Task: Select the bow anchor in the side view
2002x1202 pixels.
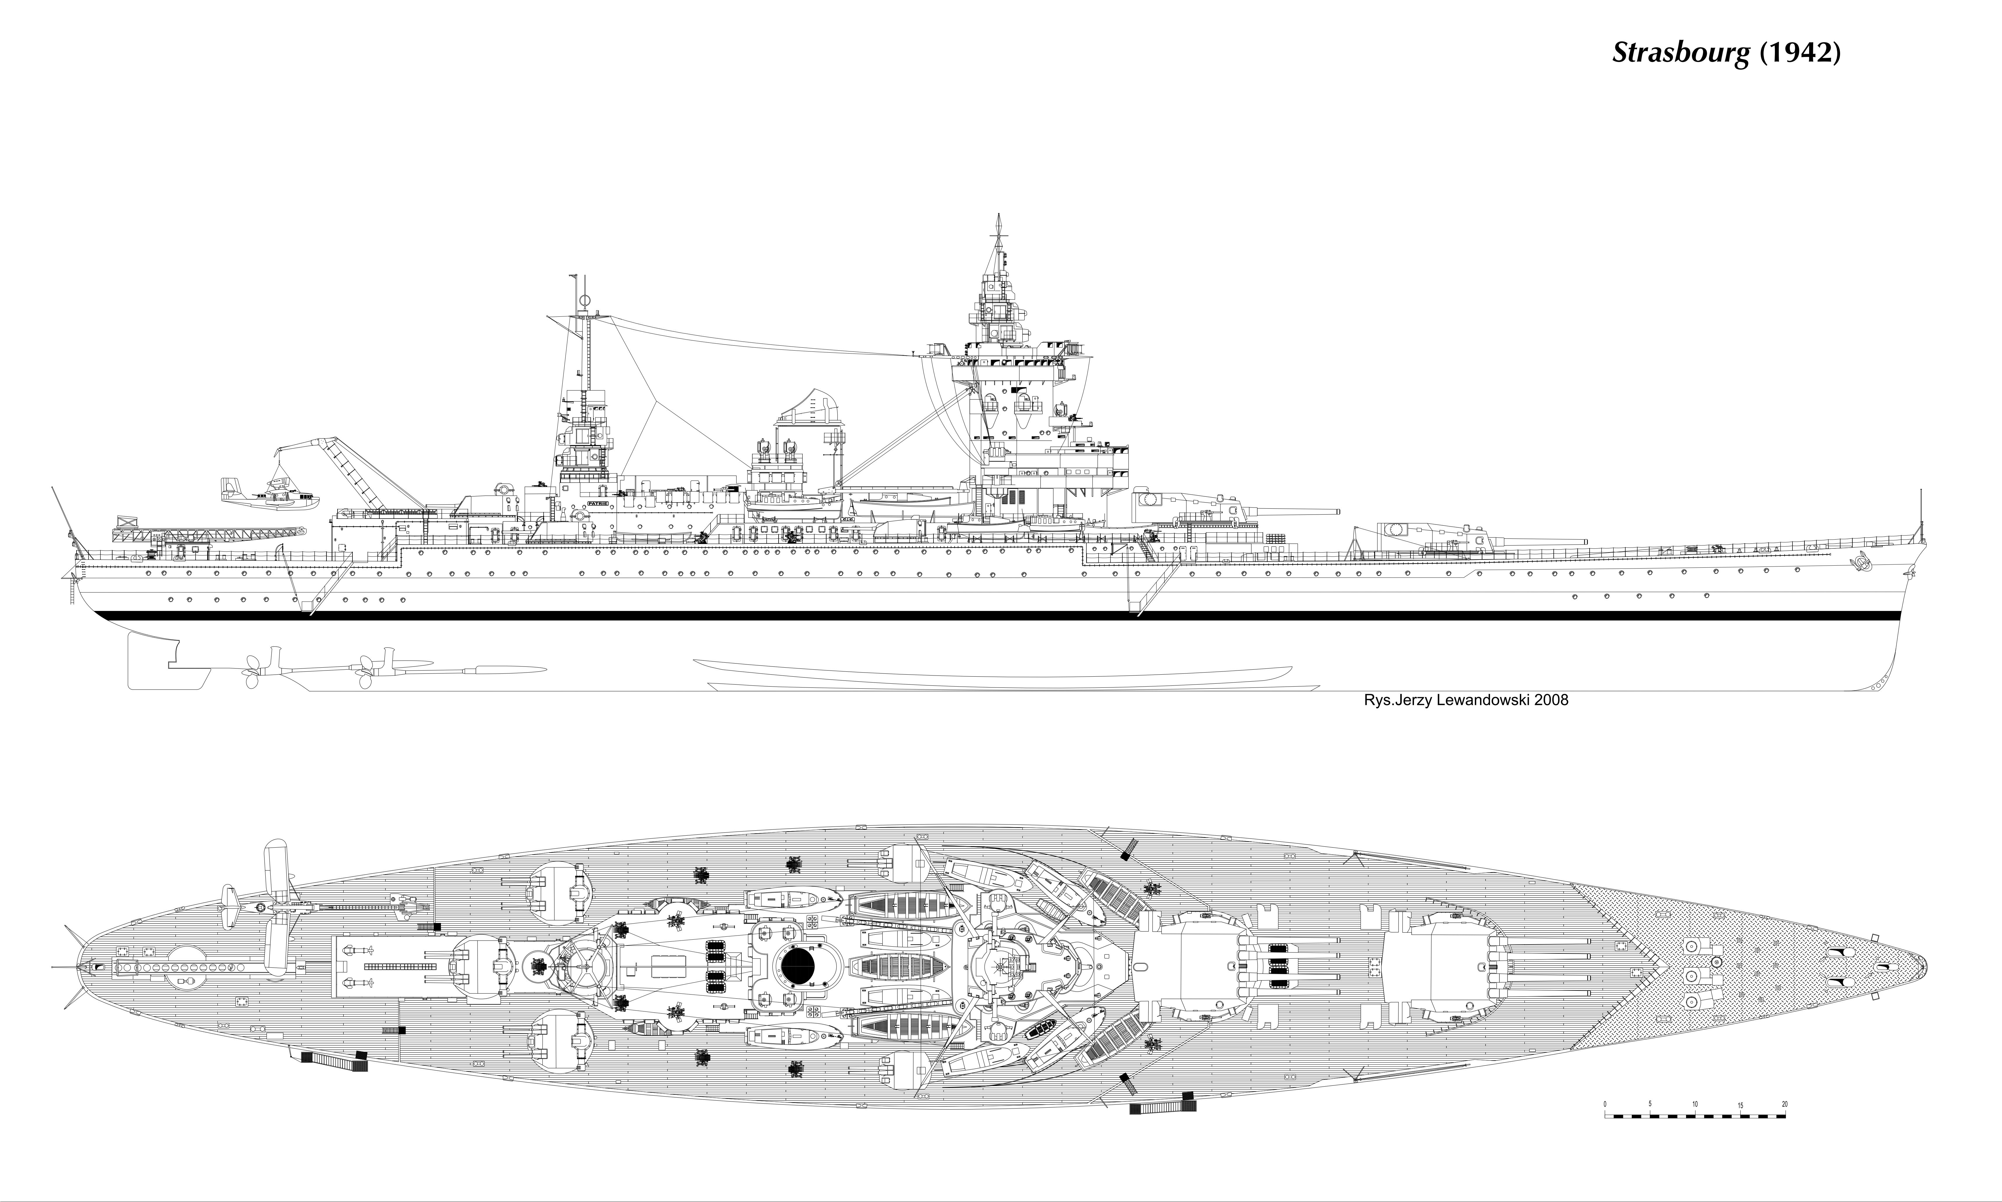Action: point(1862,560)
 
